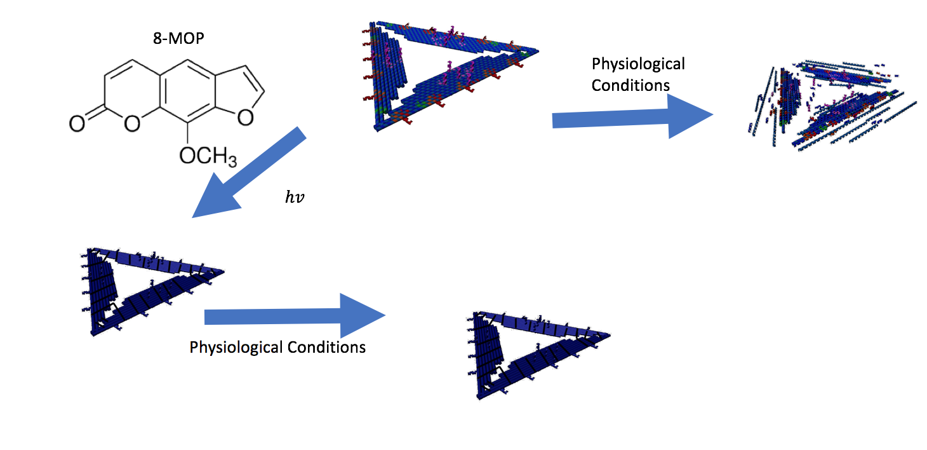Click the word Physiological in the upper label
click(638, 64)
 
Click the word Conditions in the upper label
click(630, 85)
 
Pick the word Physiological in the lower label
click(236, 348)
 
